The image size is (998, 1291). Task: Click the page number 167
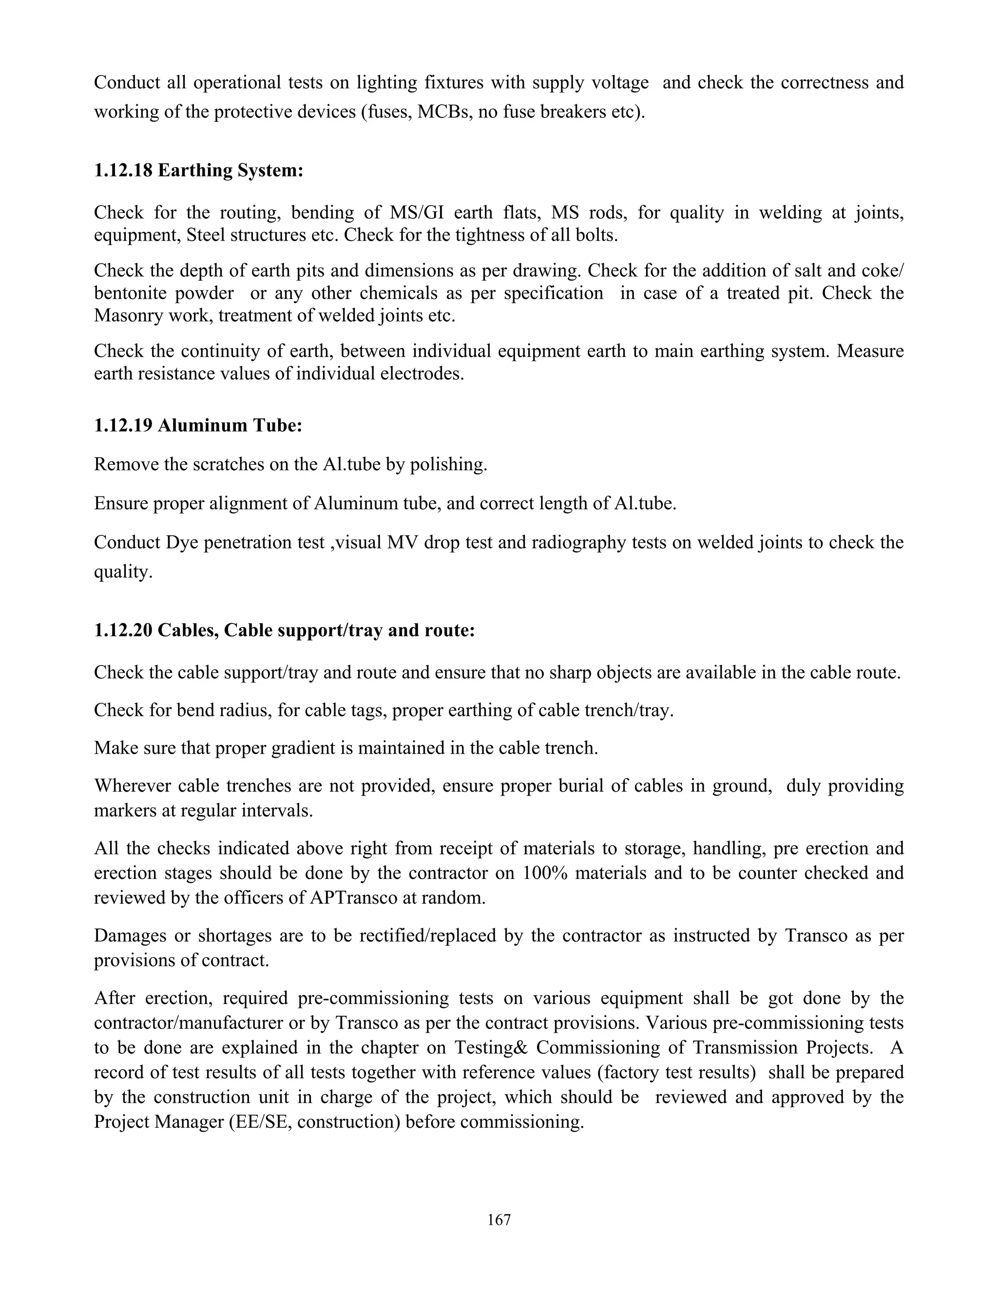coord(499,1219)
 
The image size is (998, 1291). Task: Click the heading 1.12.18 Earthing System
coord(199,170)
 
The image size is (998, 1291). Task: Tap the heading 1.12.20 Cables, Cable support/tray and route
coord(285,631)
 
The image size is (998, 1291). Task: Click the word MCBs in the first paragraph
coord(442,112)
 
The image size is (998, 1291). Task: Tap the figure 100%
coord(543,873)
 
